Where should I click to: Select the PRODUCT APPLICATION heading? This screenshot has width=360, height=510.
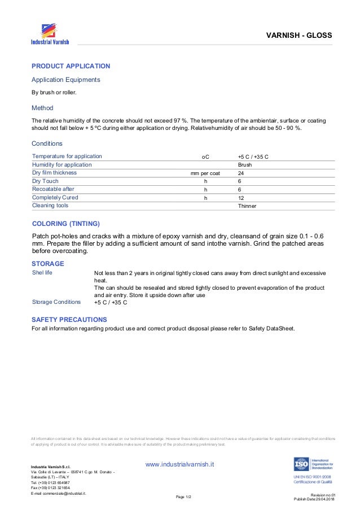(71, 66)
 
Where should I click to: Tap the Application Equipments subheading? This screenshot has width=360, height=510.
(65, 80)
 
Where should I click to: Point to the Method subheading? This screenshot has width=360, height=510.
(42, 107)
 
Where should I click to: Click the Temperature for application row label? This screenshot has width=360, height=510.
(67, 156)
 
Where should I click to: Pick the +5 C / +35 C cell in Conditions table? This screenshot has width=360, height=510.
(253, 156)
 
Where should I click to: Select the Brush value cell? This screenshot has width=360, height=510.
(245, 164)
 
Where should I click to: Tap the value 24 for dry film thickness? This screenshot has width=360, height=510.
(241, 173)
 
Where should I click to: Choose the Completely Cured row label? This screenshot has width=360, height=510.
(55, 198)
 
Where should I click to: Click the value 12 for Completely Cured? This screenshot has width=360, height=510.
(241, 198)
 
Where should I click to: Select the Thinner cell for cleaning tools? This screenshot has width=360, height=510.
(247, 206)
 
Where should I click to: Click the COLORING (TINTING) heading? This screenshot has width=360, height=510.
(66, 223)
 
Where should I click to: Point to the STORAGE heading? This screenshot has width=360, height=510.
(48, 264)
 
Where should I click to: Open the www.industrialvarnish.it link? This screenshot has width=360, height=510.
(180, 464)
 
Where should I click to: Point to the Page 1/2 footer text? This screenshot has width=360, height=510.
(184, 496)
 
